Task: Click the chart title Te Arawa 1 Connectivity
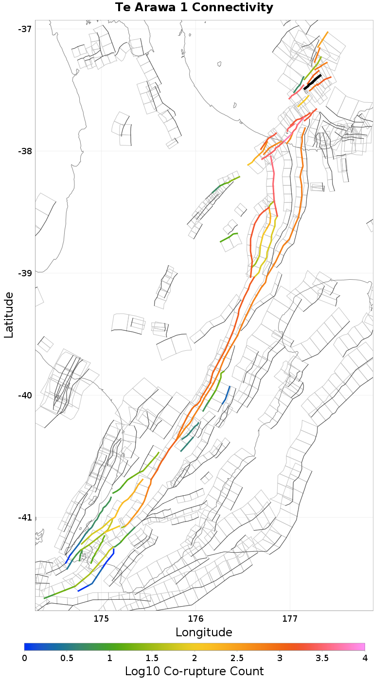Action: [x=194, y=8]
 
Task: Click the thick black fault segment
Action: [x=313, y=82]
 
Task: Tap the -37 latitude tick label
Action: [x=25, y=29]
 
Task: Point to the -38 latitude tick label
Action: [x=25, y=151]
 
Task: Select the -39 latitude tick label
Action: [x=25, y=273]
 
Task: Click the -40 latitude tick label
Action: [x=25, y=395]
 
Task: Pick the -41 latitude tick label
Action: [x=25, y=517]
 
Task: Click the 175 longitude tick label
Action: [x=101, y=619]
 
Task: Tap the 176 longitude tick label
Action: [x=195, y=619]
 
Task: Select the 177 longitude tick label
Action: [x=290, y=619]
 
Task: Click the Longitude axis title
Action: [x=204, y=632]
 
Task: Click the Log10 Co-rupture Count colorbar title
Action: [x=194, y=672]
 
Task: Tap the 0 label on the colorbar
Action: [x=24, y=658]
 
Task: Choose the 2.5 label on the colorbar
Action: [x=237, y=658]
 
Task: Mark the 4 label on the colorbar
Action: [x=365, y=658]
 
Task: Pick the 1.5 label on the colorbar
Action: [x=152, y=658]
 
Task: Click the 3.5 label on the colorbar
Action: [x=322, y=658]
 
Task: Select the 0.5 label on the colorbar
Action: [x=67, y=658]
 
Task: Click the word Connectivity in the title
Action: [x=231, y=8]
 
